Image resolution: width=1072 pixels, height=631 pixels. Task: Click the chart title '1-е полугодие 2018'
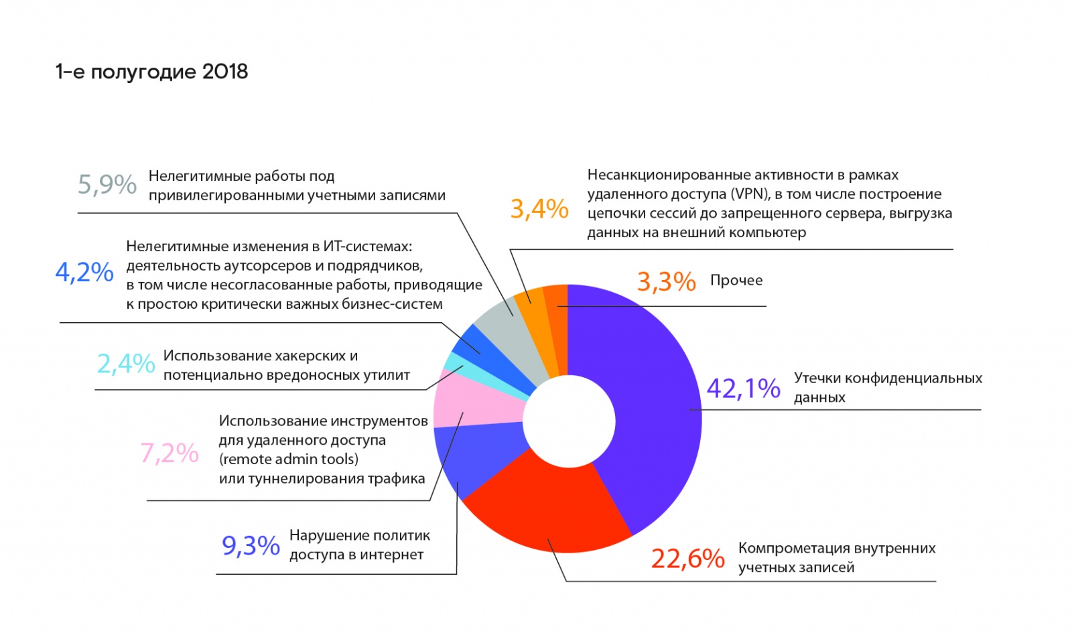tap(151, 72)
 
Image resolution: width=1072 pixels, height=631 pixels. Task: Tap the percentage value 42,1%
tap(743, 389)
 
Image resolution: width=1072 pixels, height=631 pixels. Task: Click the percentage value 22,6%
tap(687, 558)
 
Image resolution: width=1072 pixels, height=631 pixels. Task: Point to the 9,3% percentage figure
tap(251, 546)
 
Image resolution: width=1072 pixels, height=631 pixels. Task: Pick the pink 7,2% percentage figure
tap(169, 453)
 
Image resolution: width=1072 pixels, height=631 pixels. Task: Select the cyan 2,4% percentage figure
tap(126, 364)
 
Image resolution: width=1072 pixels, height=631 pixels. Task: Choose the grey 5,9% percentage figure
tap(107, 184)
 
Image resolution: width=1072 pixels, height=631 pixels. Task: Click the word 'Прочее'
tap(736, 281)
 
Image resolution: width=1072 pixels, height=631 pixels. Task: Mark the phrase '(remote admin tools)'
tap(289, 460)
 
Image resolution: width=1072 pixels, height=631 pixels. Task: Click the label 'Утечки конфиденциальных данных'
tap(887, 387)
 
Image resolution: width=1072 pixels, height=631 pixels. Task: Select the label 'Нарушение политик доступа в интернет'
tap(359, 545)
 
